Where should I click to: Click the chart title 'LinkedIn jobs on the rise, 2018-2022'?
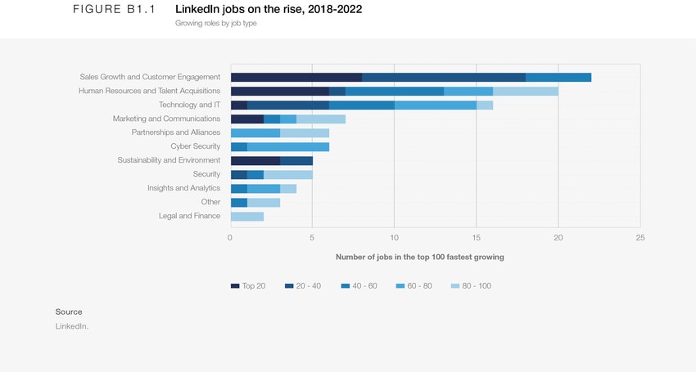[269, 10]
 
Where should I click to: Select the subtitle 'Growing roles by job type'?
[216, 24]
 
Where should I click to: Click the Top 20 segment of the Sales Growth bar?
[296, 77]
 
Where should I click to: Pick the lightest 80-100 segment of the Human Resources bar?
[525, 91]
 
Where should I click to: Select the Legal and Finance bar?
[246, 216]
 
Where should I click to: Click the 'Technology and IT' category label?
[189, 105]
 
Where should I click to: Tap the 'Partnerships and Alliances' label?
[175, 132]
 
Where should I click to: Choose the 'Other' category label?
[210, 202]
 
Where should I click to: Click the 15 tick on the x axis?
[476, 238]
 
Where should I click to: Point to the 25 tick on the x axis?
[640, 238]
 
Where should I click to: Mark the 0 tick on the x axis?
[230, 238]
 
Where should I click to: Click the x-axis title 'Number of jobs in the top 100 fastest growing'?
[419, 257]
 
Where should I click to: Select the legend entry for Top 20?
[248, 286]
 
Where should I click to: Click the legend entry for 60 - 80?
[414, 286]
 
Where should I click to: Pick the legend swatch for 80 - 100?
[455, 286]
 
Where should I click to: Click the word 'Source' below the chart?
[69, 311]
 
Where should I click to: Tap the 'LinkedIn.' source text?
[71, 326]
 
